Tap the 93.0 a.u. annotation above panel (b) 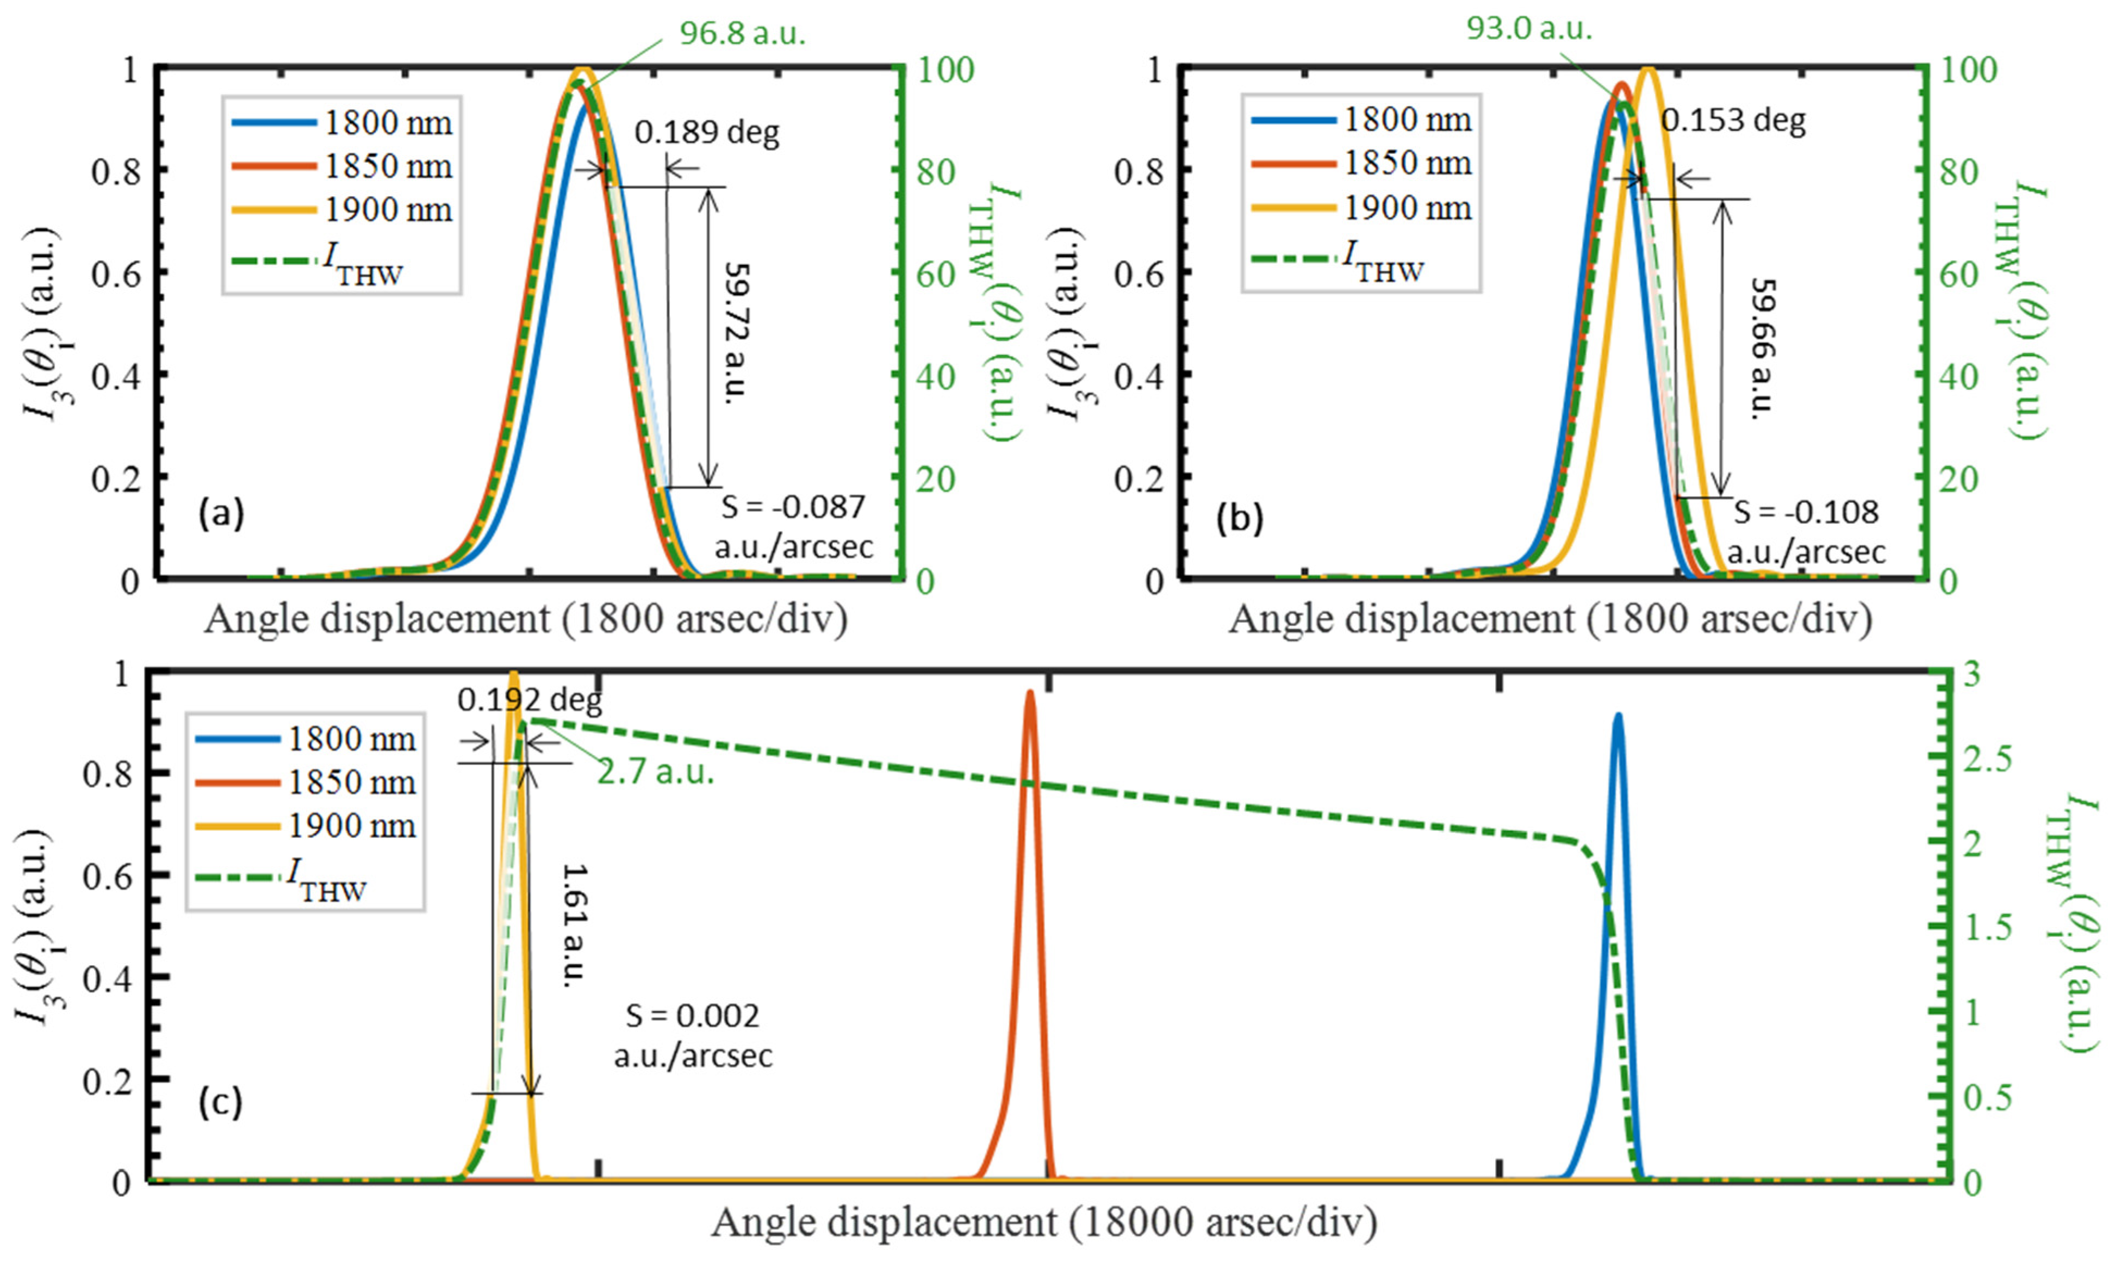(1529, 29)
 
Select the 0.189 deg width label (707, 133)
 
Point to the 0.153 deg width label (1733, 121)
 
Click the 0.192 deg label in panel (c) (529, 700)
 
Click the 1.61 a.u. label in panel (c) (575, 924)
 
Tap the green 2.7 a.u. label (655, 772)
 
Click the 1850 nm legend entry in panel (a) (387, 166)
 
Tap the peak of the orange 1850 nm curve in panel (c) (1029, 693)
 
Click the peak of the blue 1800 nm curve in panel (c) (1618, 716)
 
